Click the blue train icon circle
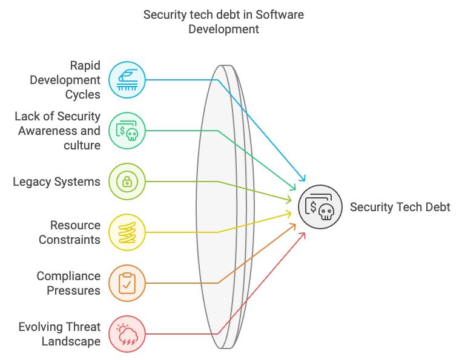(x=127, y=80)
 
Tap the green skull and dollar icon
(x=127, y=131)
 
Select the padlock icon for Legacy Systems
(x=127, y=182)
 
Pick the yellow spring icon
(x=127, y=232)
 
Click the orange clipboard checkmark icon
(x=127, y=283)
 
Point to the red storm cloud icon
(x=127, y=334)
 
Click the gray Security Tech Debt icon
(x=320, y=207)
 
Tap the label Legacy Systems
(x=56, y=182)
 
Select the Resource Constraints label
(x=70, y=232)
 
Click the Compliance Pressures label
(x=68, y=283)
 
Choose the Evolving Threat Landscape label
(x=59, y=334)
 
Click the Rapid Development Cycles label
(x=65, y=80)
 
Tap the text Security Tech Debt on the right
(x=400, y=207)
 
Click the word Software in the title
(x=280, y=15)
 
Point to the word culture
(x=82, y=145)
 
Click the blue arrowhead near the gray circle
(x=302, y=177)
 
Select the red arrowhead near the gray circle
(x=302, y=236)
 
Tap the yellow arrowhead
(x=288, y=214)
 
